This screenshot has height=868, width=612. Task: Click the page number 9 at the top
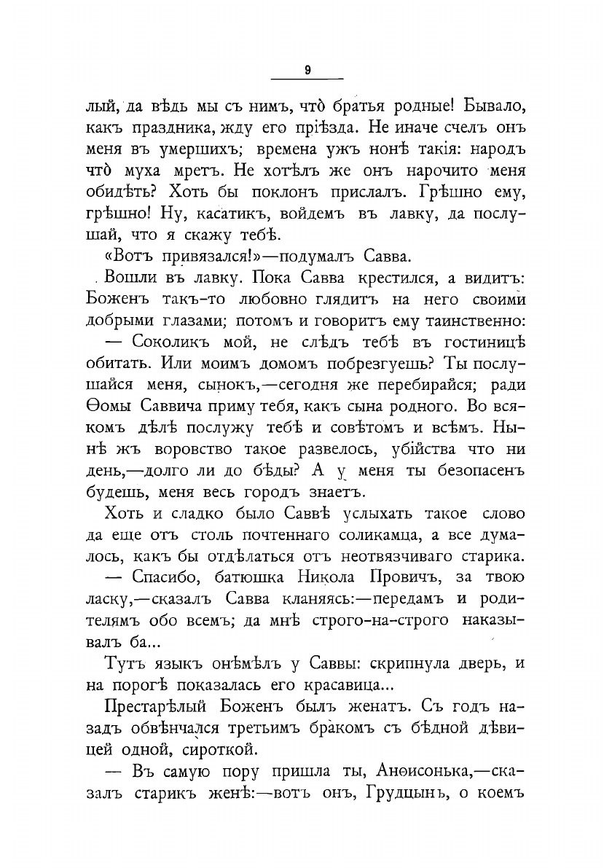click(307, 71)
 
